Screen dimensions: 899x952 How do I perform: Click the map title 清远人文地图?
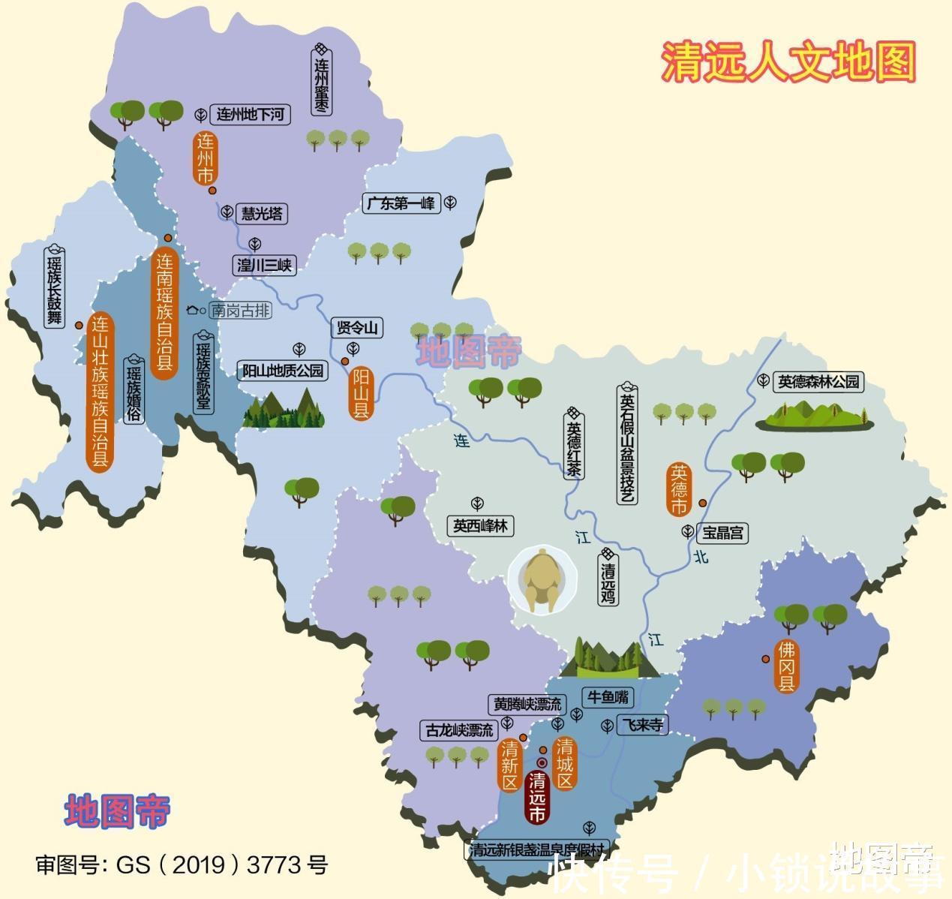(x=788, y=62)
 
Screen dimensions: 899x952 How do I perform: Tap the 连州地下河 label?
(x=250, y=114)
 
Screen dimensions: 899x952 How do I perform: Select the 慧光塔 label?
(x=262, y=214)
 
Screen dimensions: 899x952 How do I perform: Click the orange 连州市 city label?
(x=205, y=158)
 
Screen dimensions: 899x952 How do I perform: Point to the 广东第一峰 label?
(x=401, y=203)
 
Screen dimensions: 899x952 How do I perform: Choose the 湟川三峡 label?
(x=263, y=265)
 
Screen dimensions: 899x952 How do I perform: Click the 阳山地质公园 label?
(x=283, y=371)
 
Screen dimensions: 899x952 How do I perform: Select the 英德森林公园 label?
(x=818, y=382)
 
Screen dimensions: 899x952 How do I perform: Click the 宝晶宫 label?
(x=722, y=533)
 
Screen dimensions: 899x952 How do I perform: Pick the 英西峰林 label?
(x=480, y=526)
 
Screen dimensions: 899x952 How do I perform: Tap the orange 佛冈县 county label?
(x=786, y=666)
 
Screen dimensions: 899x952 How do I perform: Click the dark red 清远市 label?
(x=537, y=797)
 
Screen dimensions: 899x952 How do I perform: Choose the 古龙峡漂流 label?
(x=459, y=730)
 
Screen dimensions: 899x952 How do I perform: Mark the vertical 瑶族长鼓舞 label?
(x=55, y=287)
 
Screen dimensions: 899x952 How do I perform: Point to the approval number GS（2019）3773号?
(x=182, y=864)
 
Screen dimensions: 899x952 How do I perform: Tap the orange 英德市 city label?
(x=679, y=489)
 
